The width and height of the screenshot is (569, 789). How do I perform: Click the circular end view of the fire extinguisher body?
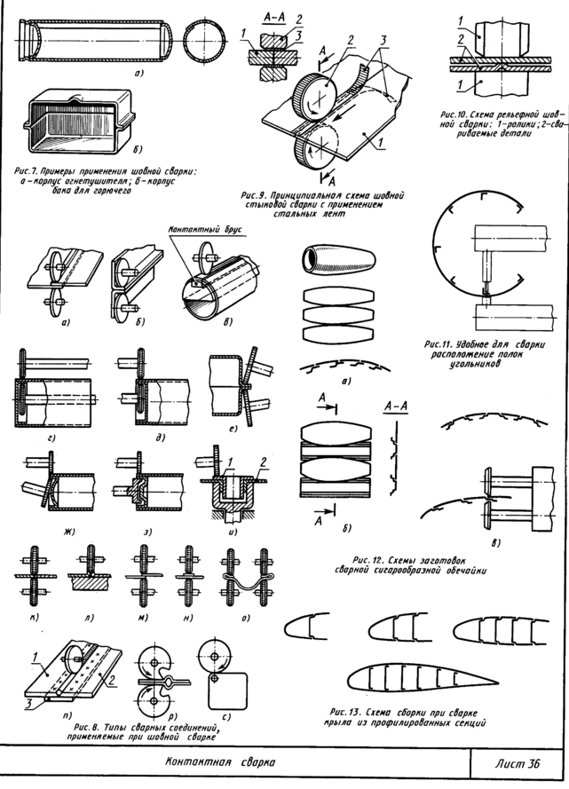click(203, 43)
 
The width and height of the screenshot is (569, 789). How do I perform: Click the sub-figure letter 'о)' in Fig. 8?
click(235, 611)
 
